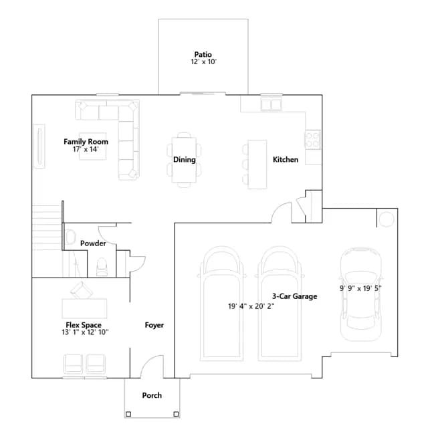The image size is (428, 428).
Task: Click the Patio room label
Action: pos(203,54)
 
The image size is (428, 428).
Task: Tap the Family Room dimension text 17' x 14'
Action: pos(86,149)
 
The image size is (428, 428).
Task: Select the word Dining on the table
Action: pos(185,160)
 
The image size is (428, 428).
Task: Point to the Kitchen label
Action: pos(286,160)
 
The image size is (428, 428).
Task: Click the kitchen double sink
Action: pos(271,104)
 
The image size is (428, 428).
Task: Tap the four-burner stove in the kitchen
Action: pos(312,140)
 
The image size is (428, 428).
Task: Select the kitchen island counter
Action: pos(257,165)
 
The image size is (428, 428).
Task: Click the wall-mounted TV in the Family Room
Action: pos(39,146)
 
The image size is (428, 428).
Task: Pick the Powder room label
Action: pos(93,243)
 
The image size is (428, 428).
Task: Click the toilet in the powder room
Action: pos(102,267)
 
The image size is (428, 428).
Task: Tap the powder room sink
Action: pos(70,237)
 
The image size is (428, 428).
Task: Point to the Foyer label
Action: pos(154,325)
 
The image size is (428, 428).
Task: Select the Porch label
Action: pos(152,395)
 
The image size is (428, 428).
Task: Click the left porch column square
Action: pos(128,414)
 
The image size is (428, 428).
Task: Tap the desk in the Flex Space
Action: pos(84,308)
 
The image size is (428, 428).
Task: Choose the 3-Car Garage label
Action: pos(294,296)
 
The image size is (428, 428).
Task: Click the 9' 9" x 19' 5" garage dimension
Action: pos(360,288)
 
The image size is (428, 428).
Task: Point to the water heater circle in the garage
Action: pos(386,219)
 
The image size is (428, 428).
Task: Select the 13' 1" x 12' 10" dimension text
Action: pos(85,332)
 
